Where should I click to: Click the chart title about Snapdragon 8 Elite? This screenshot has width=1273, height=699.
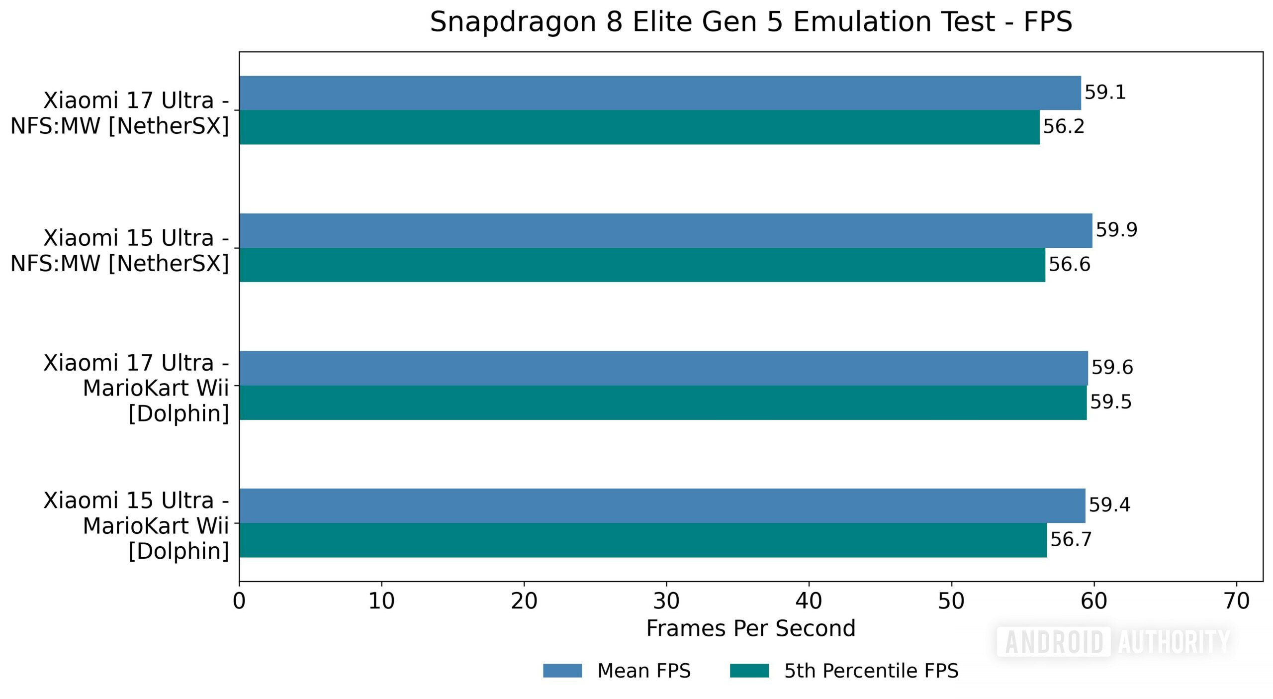point(750,22)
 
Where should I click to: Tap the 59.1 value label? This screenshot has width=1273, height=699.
point(1105,93)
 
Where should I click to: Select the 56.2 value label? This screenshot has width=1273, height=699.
point(1063,126)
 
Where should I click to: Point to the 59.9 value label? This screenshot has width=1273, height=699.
point(1116,230)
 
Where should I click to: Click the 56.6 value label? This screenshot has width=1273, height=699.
point(1069,264)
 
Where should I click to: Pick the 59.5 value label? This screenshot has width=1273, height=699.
point(1110,402)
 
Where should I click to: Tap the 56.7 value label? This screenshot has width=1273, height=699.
point(1071,539)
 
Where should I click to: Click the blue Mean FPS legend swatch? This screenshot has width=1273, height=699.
point(562,671)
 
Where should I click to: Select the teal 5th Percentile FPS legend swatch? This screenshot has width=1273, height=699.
point(749,671)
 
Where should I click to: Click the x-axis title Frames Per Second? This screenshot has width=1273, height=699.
point(750,628)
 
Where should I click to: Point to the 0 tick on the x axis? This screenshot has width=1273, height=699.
point(239,601)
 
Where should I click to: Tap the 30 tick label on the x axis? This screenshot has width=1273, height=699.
point(666,601)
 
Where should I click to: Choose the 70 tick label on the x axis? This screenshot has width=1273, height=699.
point(1236,601)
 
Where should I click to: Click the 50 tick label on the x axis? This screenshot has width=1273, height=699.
point(951,601)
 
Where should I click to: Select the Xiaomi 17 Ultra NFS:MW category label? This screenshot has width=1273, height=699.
point(120,113)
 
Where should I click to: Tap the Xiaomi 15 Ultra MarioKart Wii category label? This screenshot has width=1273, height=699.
point(136,525)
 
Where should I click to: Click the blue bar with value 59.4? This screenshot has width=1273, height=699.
point(661,505)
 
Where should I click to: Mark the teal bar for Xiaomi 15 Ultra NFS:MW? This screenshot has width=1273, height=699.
point(641,265)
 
